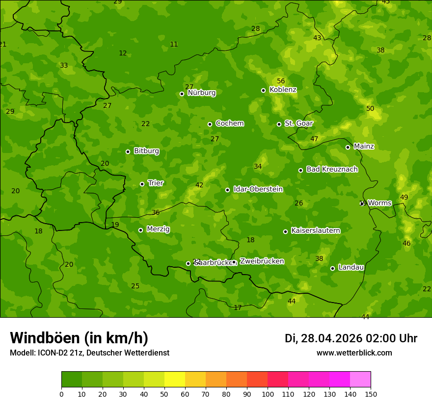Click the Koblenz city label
(283, 90)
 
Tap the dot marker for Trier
(142, 184)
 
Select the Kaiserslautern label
(315, 230)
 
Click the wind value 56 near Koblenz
(281, 81)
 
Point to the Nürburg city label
(201, 93)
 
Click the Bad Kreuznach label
(332, 169)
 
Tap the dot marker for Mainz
(348, 147)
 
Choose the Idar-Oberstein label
(258, 189)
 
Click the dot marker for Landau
(332, 268)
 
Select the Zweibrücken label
(262, 261)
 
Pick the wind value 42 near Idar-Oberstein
(199, 185)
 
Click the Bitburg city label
(146, 151)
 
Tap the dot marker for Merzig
(140, 230)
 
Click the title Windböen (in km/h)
(79, 338)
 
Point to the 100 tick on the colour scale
(268, 393)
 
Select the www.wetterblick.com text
(354, 353)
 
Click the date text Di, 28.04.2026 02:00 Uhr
(351, 338)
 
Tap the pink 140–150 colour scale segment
(360, 380)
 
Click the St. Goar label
(298, 123)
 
